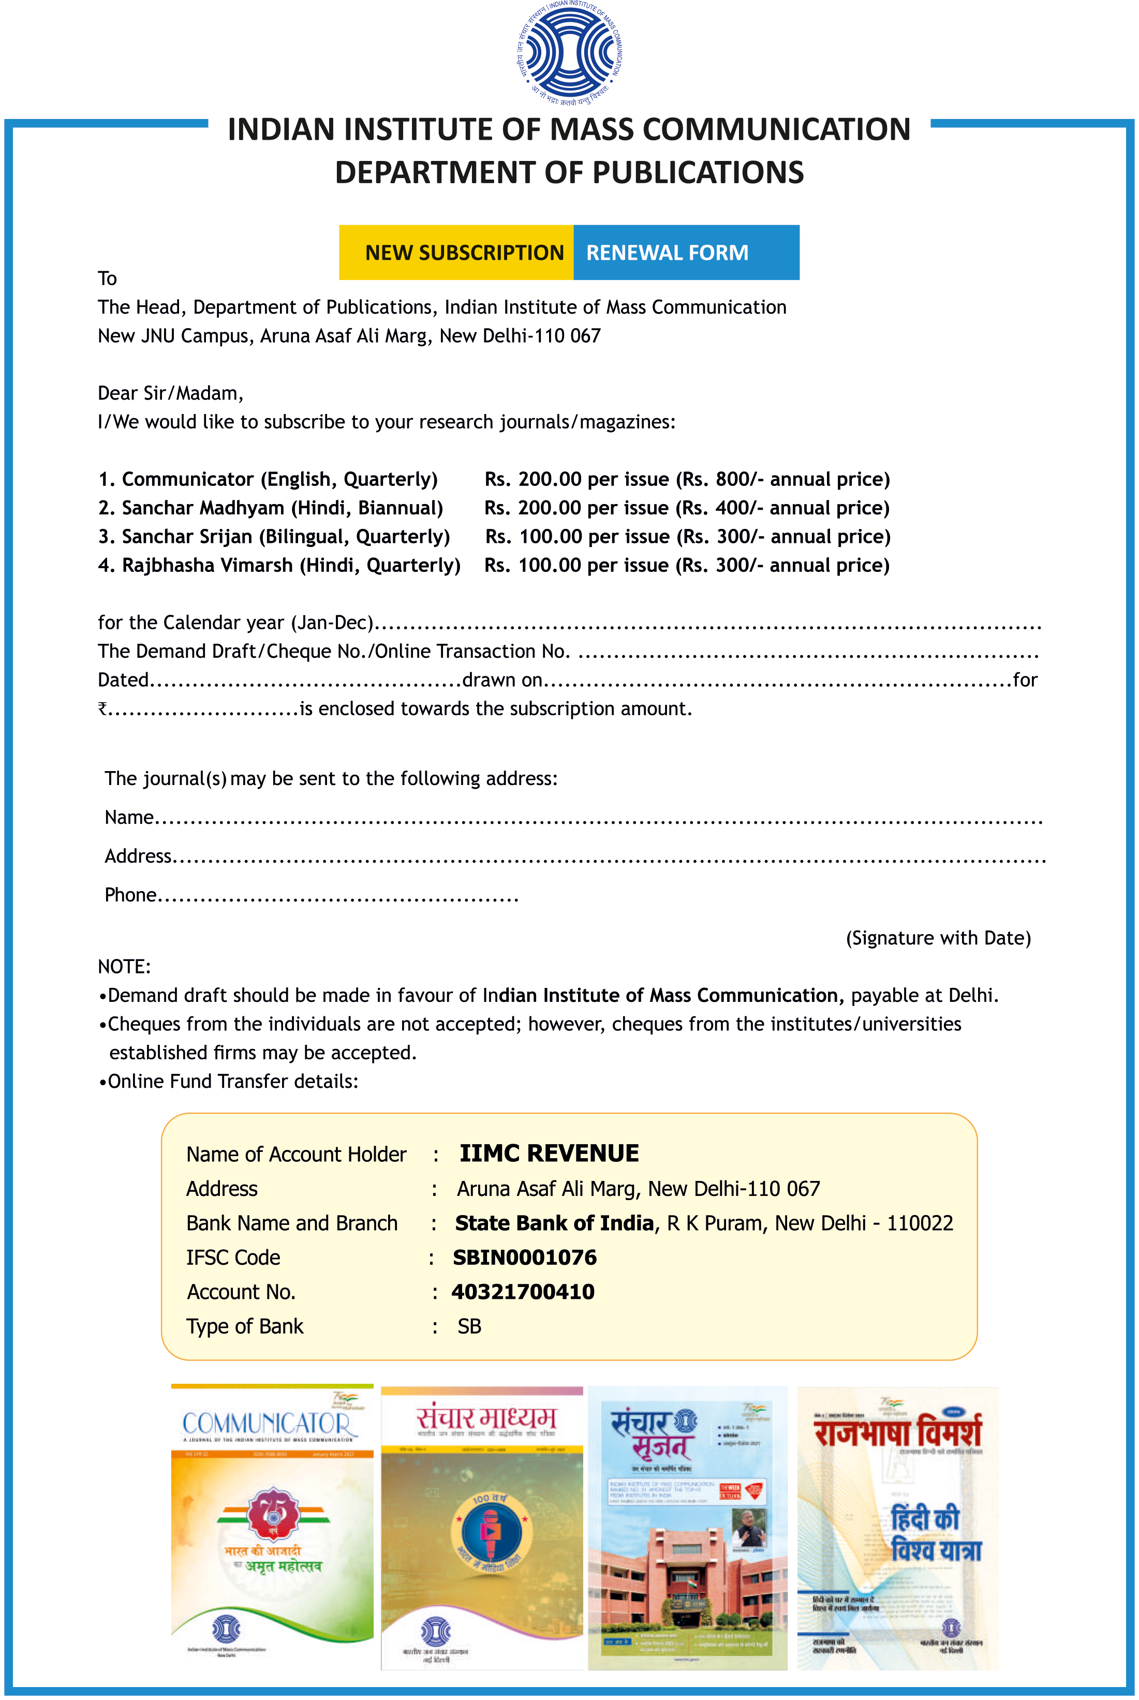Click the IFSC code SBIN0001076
click(524, 1258)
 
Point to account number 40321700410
click(523, 1292)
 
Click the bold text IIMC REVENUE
click(549, 1153)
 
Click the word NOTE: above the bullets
click(124, 967)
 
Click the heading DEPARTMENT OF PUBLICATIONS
click(569, 173)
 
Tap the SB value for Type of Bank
click(469, 1326)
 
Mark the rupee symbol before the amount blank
click(102, 708)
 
